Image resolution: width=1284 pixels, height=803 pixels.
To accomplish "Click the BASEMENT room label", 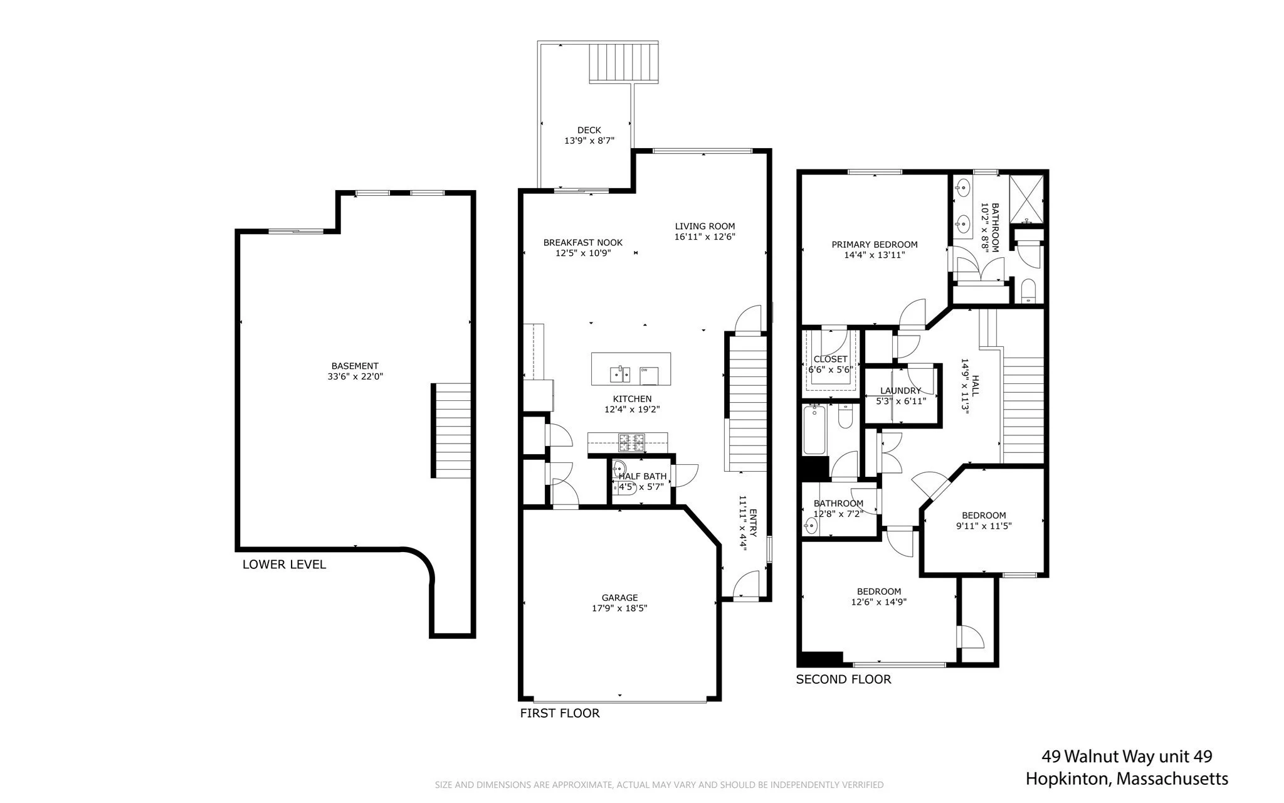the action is [355, 366].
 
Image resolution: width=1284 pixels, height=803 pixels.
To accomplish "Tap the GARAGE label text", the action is [619, 598].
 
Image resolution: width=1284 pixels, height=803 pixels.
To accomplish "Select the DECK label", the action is [589, 130].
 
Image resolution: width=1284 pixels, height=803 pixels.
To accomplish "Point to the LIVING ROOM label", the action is [705, 226].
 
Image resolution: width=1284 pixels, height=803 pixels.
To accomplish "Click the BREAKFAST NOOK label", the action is [583, 243].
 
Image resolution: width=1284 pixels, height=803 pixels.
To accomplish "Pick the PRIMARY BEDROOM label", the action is [875, 245].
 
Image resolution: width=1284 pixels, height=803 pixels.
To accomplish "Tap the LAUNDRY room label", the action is [901, 391].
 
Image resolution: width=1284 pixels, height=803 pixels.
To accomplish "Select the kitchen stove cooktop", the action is [632, 442].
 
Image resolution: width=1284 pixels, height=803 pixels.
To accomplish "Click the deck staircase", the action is [624, 62].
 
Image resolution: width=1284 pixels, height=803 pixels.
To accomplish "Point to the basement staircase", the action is [451, 430].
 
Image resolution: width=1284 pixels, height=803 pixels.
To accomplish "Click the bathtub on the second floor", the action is [815, 430].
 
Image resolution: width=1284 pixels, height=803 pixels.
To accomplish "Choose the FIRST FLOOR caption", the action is [560, 713].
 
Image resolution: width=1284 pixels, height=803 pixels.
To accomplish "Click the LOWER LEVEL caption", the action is [284, 565].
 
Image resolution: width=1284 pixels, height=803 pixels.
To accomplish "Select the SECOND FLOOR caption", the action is [843, 679].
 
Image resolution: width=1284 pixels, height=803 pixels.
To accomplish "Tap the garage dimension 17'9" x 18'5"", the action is [619, 609].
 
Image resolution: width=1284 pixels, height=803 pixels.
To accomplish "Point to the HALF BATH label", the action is [643, 476].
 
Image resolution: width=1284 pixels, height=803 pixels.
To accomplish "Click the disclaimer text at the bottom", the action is [659, 785].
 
